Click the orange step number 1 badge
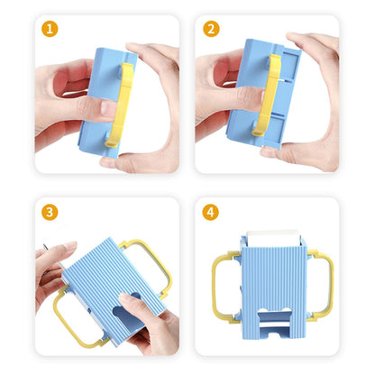tap(50, 29)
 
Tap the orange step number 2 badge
tap(211, 29)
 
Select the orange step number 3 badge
tap(50, 213)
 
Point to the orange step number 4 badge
tap(210, 213)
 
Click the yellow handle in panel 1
tap(122, 105)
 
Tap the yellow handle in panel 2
tap(270, 93)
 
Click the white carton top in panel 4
tap(273, 237)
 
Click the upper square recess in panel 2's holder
tap(290, 65)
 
